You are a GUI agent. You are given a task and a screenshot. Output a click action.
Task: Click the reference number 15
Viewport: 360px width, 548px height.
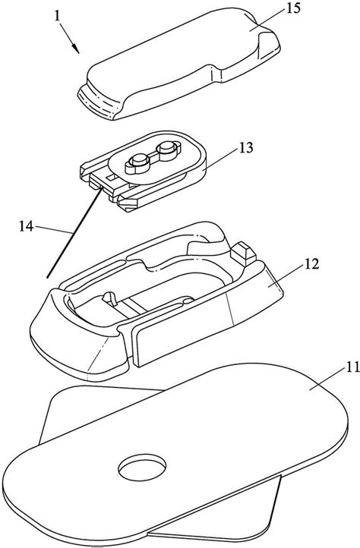(x=293, y=9)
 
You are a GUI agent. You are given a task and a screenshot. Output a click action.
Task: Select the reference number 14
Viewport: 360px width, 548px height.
(x=27, y=226)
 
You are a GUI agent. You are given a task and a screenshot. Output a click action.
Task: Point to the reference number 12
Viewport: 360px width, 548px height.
(x=312, y=264)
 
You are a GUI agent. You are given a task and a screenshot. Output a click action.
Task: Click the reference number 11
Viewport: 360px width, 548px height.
(x=351, y=367)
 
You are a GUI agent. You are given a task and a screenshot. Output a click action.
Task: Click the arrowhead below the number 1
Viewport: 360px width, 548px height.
(x=76, y=49)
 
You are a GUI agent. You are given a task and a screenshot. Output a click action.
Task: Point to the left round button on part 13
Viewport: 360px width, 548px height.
(x=137, y=163)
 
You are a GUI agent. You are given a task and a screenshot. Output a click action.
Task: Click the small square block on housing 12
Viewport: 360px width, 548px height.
(x=244, y=254)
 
